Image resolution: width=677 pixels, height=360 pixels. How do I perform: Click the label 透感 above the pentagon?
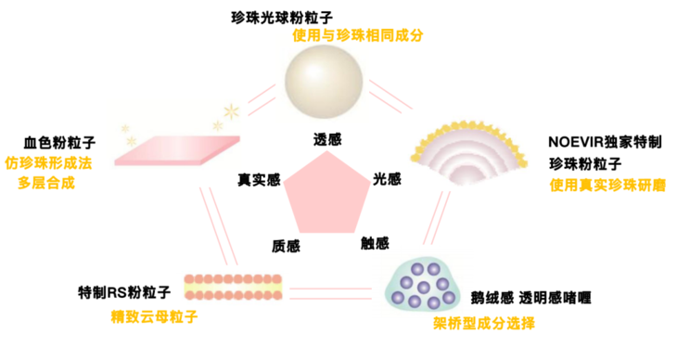click(327, 140)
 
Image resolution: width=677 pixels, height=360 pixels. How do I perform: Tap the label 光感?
click(386, 178)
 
